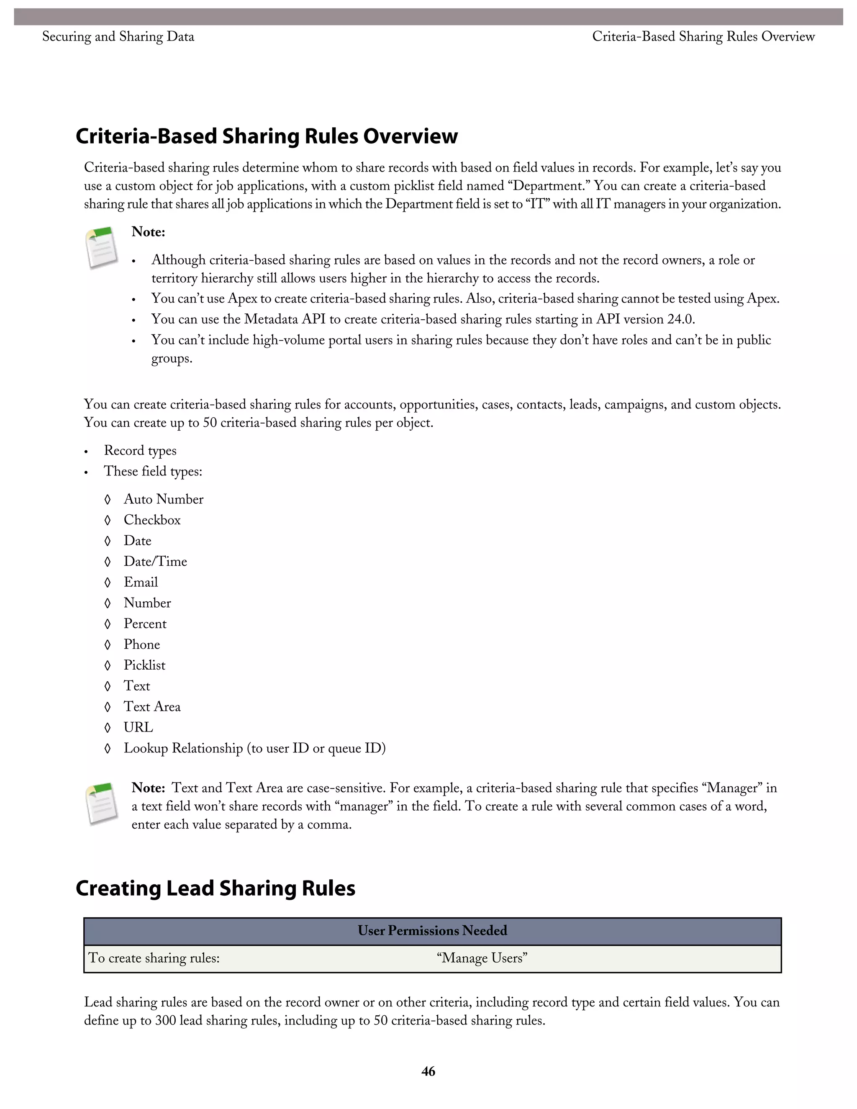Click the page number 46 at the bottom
(428, 1071)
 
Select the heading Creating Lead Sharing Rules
(215, 888)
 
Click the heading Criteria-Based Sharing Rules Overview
(267, 136)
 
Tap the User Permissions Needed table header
(432, 931)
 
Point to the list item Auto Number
(164, 499)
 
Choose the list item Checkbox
(152, 520)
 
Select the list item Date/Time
(155, 562)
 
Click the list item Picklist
(144, 665)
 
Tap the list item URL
(138, 728)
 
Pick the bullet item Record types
(140, 451)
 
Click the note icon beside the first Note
(102, 248)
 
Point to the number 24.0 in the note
(680, 319)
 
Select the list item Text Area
(152, 707)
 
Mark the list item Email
(141, 583)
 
